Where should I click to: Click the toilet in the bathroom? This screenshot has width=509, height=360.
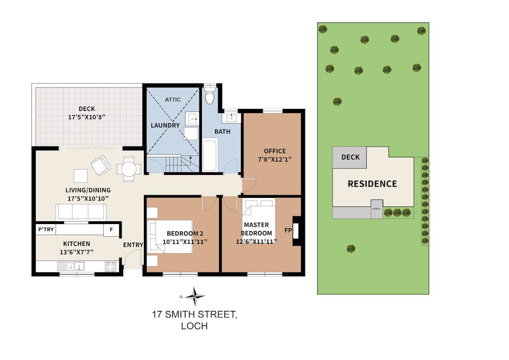[x=209, y=94]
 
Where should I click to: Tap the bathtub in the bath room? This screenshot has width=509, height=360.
[x=209, y=155]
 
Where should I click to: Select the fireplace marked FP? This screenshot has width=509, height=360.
[x=296, y=231]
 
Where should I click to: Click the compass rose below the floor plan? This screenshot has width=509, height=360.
[x=195, y=297]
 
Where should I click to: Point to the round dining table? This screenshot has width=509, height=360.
[x=129, y=169]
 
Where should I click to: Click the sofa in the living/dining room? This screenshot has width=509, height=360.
[x=81, y=212]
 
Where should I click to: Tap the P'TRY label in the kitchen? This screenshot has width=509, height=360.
[x=46, y=229]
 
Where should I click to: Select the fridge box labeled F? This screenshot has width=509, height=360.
[x=111, y=230]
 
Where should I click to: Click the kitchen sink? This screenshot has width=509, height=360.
[x=71, y=267]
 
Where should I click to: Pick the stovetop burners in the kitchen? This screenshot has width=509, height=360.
[x=110, y=267]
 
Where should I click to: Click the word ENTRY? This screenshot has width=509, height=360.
[x=133, y=245]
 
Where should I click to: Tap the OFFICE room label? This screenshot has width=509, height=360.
[x=274, y=151]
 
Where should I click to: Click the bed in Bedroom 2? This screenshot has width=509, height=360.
[x=170, y=237]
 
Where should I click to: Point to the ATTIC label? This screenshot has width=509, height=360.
[x=173, y=99]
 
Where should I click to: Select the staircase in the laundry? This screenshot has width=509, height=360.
[x=178, y=164]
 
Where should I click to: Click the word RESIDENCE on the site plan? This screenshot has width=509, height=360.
[x=373, y=184]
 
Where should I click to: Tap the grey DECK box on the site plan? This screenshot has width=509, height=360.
[x=350, y=157]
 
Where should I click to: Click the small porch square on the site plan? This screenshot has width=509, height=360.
[x=377, y=209]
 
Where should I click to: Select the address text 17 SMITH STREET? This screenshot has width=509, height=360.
[x=195, y=315]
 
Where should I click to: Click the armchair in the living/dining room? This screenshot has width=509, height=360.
[x=101, y=165]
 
